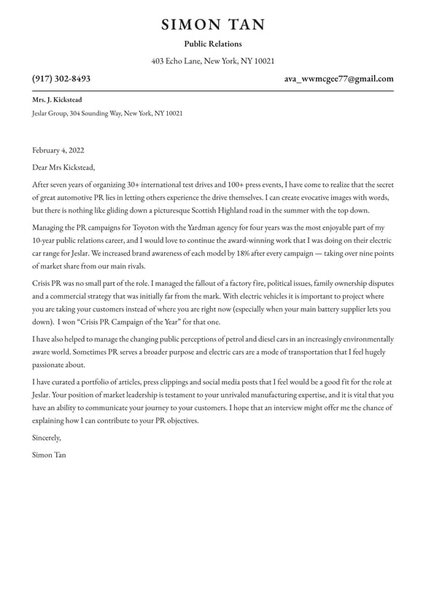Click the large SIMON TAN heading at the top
[x=213, y=25]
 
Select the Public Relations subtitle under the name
[x=213, y=45]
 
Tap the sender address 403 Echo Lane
[x=213, y=61]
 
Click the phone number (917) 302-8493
[x=61, y=79]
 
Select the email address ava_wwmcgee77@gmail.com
[x=338, y=79]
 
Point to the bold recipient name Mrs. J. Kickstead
[x=57, y=100]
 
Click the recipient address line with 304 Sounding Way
[x=107, y=114]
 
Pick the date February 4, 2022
[x=58, y=151]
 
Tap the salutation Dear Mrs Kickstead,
[x=63, y=168]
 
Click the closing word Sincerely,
[x=47, y=438]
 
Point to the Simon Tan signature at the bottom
[x=49, y=455]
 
